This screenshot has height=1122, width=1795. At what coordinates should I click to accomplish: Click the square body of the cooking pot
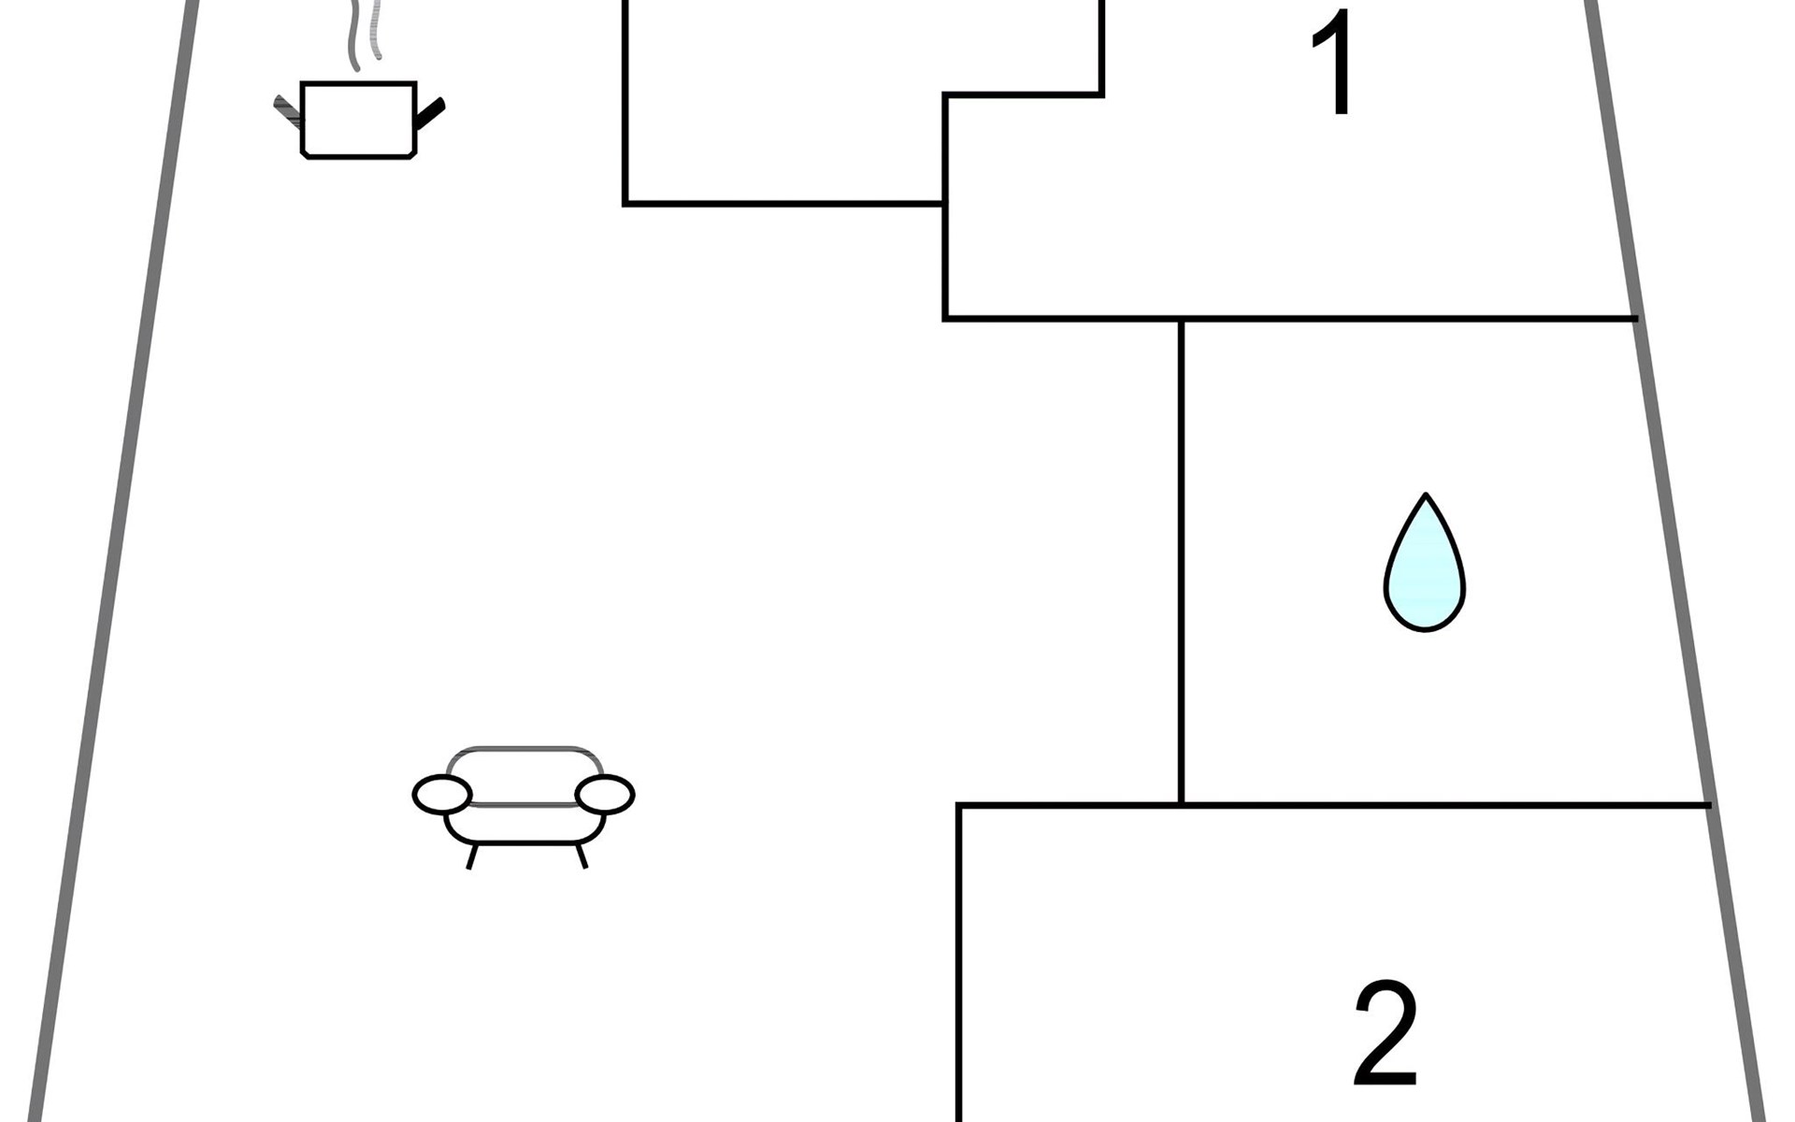pos(358,120)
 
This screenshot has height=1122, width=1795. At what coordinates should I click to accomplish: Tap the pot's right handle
pos(430,113)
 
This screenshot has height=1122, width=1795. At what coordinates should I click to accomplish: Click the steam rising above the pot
pos(365,33)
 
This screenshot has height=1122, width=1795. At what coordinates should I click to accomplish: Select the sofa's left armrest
pos(441,795)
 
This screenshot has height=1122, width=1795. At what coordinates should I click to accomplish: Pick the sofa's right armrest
pos(605,795)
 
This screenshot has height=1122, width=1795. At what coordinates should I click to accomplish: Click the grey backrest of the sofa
pos(524,750)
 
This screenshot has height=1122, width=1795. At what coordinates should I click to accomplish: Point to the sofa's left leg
pos(472,856)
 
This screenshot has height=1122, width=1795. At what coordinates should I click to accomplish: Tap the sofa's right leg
pos(582,856)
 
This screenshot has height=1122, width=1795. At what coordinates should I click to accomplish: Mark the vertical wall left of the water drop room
pos(1182,561)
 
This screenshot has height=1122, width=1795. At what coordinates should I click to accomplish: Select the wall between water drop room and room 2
pos(1440,804)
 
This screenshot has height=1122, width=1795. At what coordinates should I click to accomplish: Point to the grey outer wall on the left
pos(112,561)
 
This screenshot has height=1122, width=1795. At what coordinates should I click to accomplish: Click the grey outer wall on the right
pos(1673,561)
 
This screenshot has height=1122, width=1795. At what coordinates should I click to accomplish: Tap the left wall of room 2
pos(959,963)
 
